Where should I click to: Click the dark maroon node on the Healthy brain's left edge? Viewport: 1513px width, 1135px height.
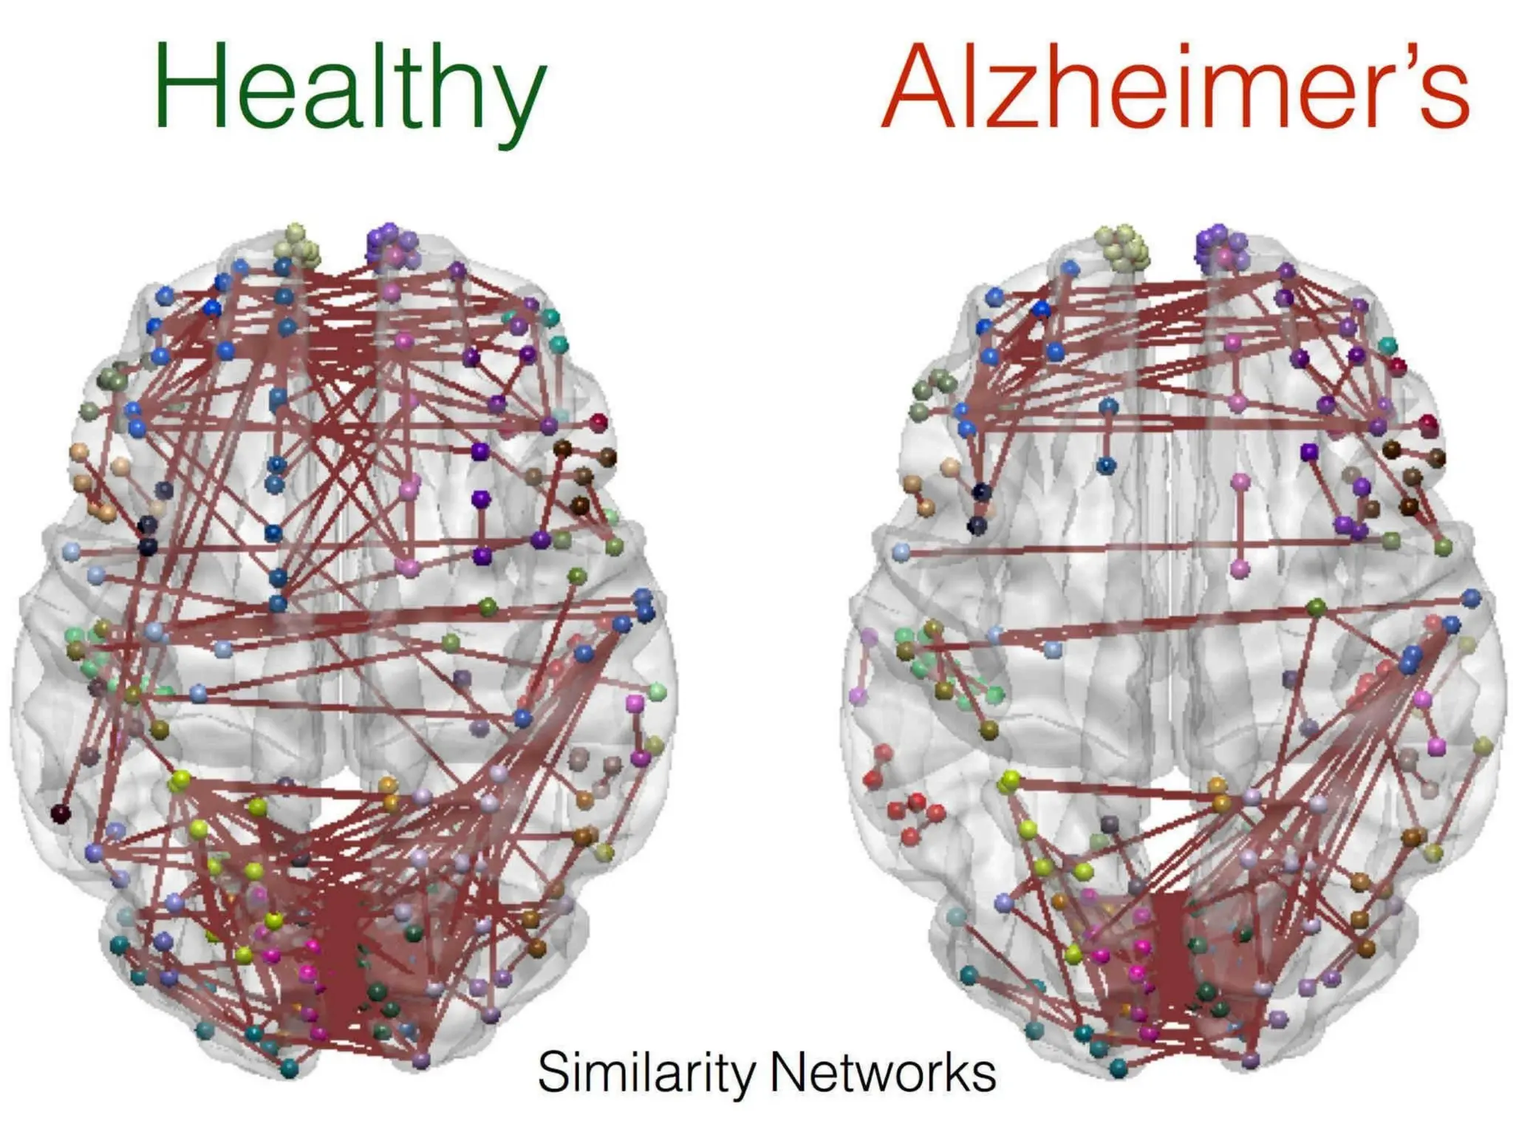click(60, 814)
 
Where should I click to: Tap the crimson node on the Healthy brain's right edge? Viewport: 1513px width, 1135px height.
click(598, 423)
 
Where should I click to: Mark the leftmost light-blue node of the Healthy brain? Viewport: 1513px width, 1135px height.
click(72, 551)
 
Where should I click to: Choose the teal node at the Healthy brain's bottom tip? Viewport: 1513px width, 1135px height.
click(289, 1068)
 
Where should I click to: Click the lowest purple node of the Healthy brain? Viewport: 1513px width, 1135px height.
click(421, 1060)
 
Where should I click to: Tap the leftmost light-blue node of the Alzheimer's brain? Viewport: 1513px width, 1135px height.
click(901, 551)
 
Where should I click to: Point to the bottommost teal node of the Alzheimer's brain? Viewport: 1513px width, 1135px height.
click(1119, 1068)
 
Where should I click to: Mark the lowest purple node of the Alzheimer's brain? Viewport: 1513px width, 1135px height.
click(1251, 1060)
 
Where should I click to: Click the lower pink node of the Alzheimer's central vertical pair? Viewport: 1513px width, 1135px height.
click(1240, 569)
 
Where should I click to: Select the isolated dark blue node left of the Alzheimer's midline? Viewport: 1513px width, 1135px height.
click(1106, 466)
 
